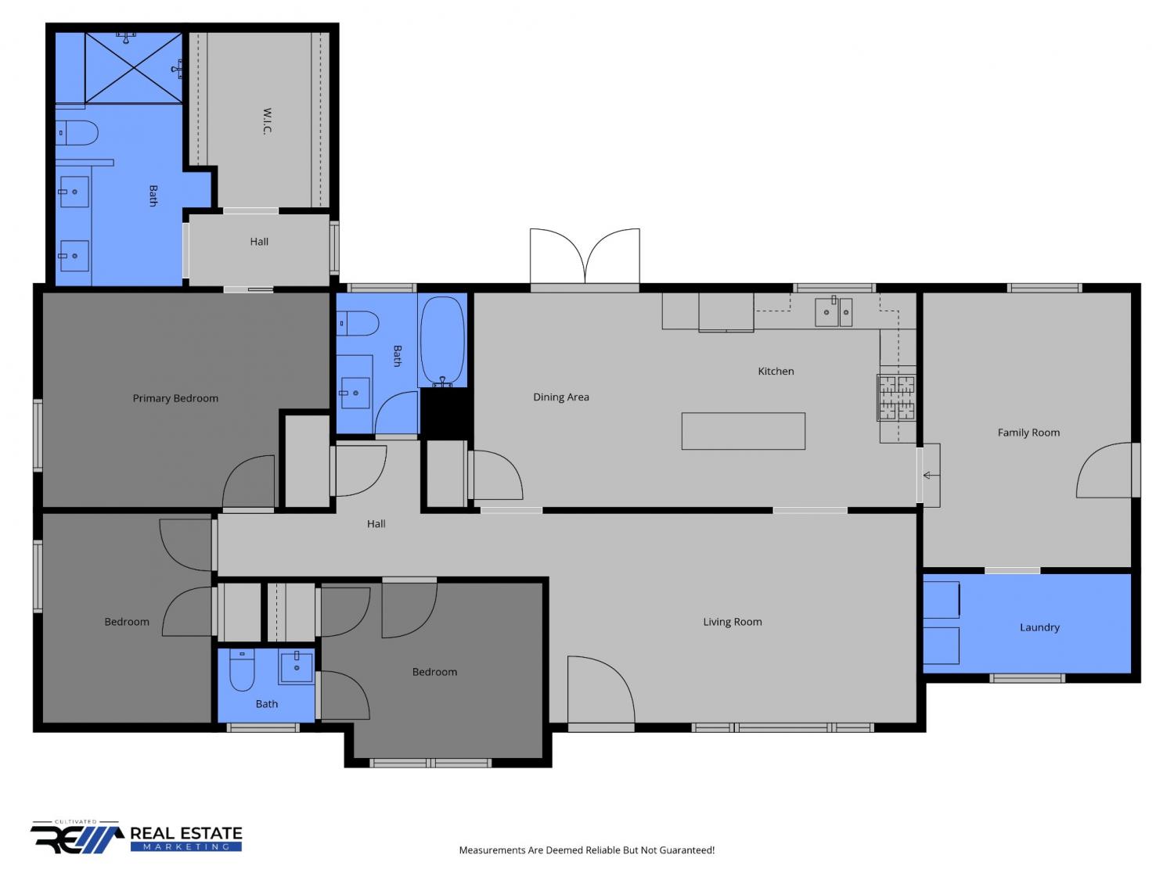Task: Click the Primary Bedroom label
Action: click(x=175, y=398)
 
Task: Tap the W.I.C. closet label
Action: click(x=268, y=121)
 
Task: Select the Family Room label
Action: click(x=1028, y=433)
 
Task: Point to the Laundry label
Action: click(x=1039, y=627)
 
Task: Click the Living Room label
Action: click(x=733, y=621)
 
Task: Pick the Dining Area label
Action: click(x=560, y=397)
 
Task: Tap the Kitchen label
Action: click(x=776, y=371)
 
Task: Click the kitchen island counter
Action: click(x=743, y=431)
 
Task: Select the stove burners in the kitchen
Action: click(x=896, y=397)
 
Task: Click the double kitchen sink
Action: click(x=833, y=312)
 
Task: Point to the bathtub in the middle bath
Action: click(x=442, y=340)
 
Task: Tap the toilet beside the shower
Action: click(x=77, y=132)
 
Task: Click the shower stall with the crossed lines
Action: click(x=134, y=68)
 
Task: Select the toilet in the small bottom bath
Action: click(x=241, y=670)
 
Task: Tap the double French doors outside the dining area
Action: click(x=585, y=257)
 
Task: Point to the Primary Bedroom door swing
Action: click(x=248, y=481)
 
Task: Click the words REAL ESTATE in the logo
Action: click(x=186, y=833)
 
